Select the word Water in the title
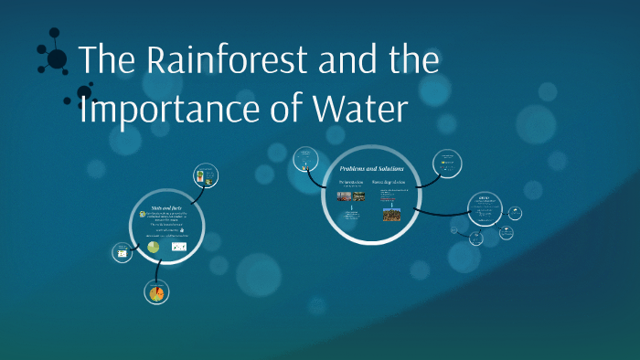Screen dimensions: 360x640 [357, 109]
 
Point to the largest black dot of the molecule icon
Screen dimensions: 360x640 [57, 59]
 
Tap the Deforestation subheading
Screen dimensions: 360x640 [350, 183]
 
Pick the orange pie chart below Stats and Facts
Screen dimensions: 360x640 [156, 292]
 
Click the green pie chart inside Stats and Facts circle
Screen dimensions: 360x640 [154, 248]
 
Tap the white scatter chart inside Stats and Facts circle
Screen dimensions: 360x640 [179, 247]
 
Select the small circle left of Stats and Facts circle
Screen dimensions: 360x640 [122, 251]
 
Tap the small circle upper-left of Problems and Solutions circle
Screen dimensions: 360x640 [306, 161]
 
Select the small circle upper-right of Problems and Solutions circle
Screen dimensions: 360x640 [445, 164]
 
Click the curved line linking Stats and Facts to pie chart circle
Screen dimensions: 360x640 [159, 270]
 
